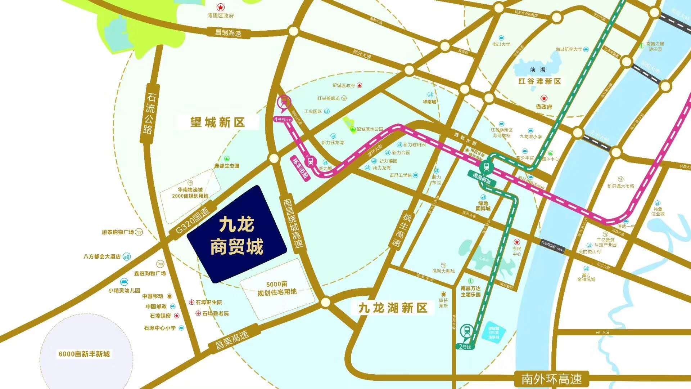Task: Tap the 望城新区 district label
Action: point(217,122)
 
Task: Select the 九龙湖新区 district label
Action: point(393,308)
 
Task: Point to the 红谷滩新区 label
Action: point(539,81)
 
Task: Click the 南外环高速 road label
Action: point(551,379)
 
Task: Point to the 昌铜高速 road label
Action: point(228,33)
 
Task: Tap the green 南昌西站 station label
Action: point(482,178)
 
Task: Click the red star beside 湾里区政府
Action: point(220,7)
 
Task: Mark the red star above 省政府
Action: point(544,98)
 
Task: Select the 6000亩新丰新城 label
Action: point(84,354)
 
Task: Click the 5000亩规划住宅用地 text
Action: point(277,288)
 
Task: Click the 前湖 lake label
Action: point(538,70)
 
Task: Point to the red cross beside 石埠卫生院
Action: point(192,302)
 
